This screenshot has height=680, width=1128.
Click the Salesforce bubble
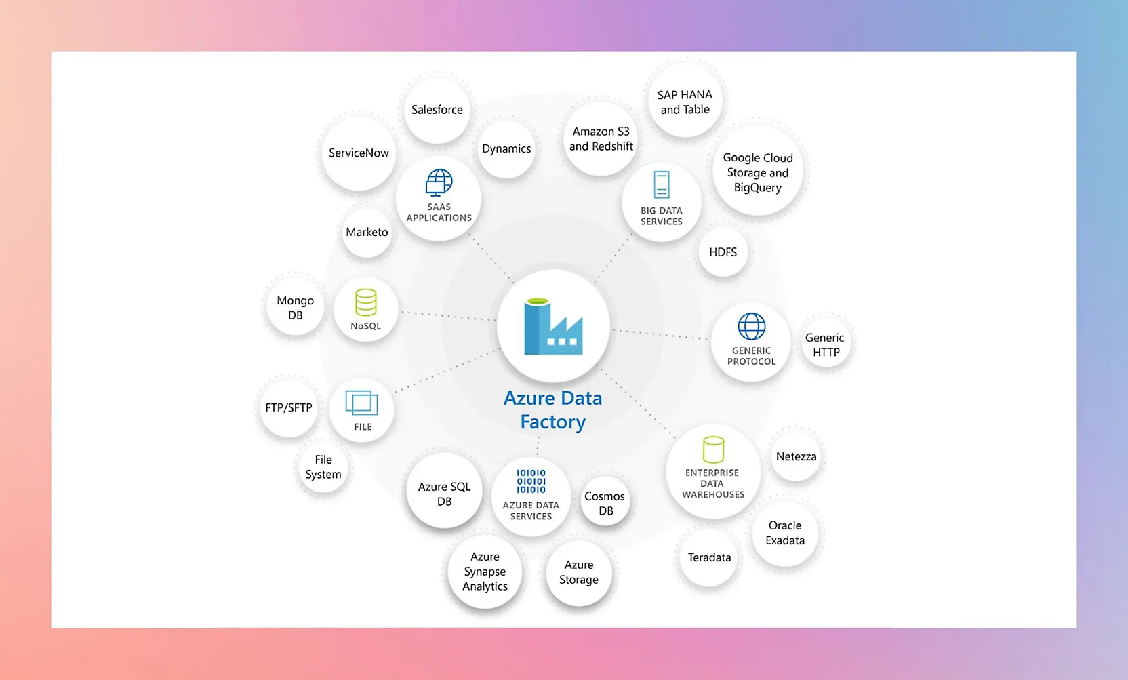pos(437,110)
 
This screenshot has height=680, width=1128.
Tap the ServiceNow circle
pos(359,153)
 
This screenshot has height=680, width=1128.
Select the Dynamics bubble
pos(506,149)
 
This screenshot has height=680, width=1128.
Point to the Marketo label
pos(367,232)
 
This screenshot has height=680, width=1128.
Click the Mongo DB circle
pos(296,308)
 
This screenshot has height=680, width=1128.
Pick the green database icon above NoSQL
pos(366,302)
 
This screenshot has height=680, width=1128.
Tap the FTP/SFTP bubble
pos(289,407)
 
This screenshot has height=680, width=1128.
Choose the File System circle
pos(323,467)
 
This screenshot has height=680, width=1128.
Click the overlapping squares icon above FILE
pos(361,403)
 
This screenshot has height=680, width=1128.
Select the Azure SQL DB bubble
pos(444,494)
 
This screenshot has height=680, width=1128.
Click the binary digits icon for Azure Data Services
pos(531,481)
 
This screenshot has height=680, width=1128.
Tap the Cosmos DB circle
pos(605,503)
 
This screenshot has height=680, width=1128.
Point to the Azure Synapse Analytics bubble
pos(485,571)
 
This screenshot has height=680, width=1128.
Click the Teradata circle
pos(709,557)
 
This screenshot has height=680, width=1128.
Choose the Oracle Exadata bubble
pos(785,533)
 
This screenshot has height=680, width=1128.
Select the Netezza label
pos(796,456)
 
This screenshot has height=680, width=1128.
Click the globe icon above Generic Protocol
pos(752,326)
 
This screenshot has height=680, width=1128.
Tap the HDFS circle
pos(723,252)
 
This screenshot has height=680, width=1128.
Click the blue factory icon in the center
pos(552,327)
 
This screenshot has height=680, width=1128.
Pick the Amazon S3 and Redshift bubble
pos(601,139)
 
